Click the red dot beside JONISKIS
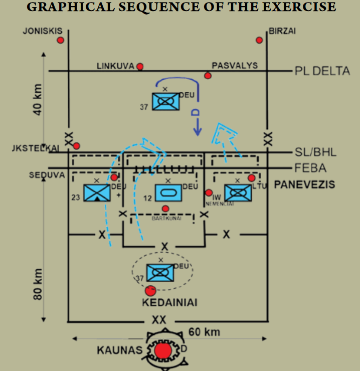tap(61, 40)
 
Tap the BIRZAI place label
tap(282, 31)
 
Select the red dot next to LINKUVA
tap(140, 66)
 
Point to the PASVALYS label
tap(235, 66)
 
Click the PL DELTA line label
tap(322, 71)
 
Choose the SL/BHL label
tap(316, 152)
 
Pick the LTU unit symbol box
tap(238, 193)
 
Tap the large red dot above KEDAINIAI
tap(150, 290)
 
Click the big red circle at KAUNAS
tap(162, 350)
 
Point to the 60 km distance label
tap(204, 332)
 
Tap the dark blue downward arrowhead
tap(198, 132)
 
